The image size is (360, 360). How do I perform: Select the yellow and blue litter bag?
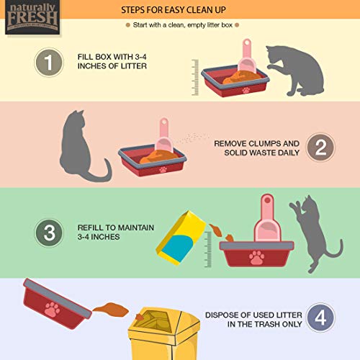click(178, 238)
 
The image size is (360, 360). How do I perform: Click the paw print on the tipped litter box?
click(50, 310)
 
